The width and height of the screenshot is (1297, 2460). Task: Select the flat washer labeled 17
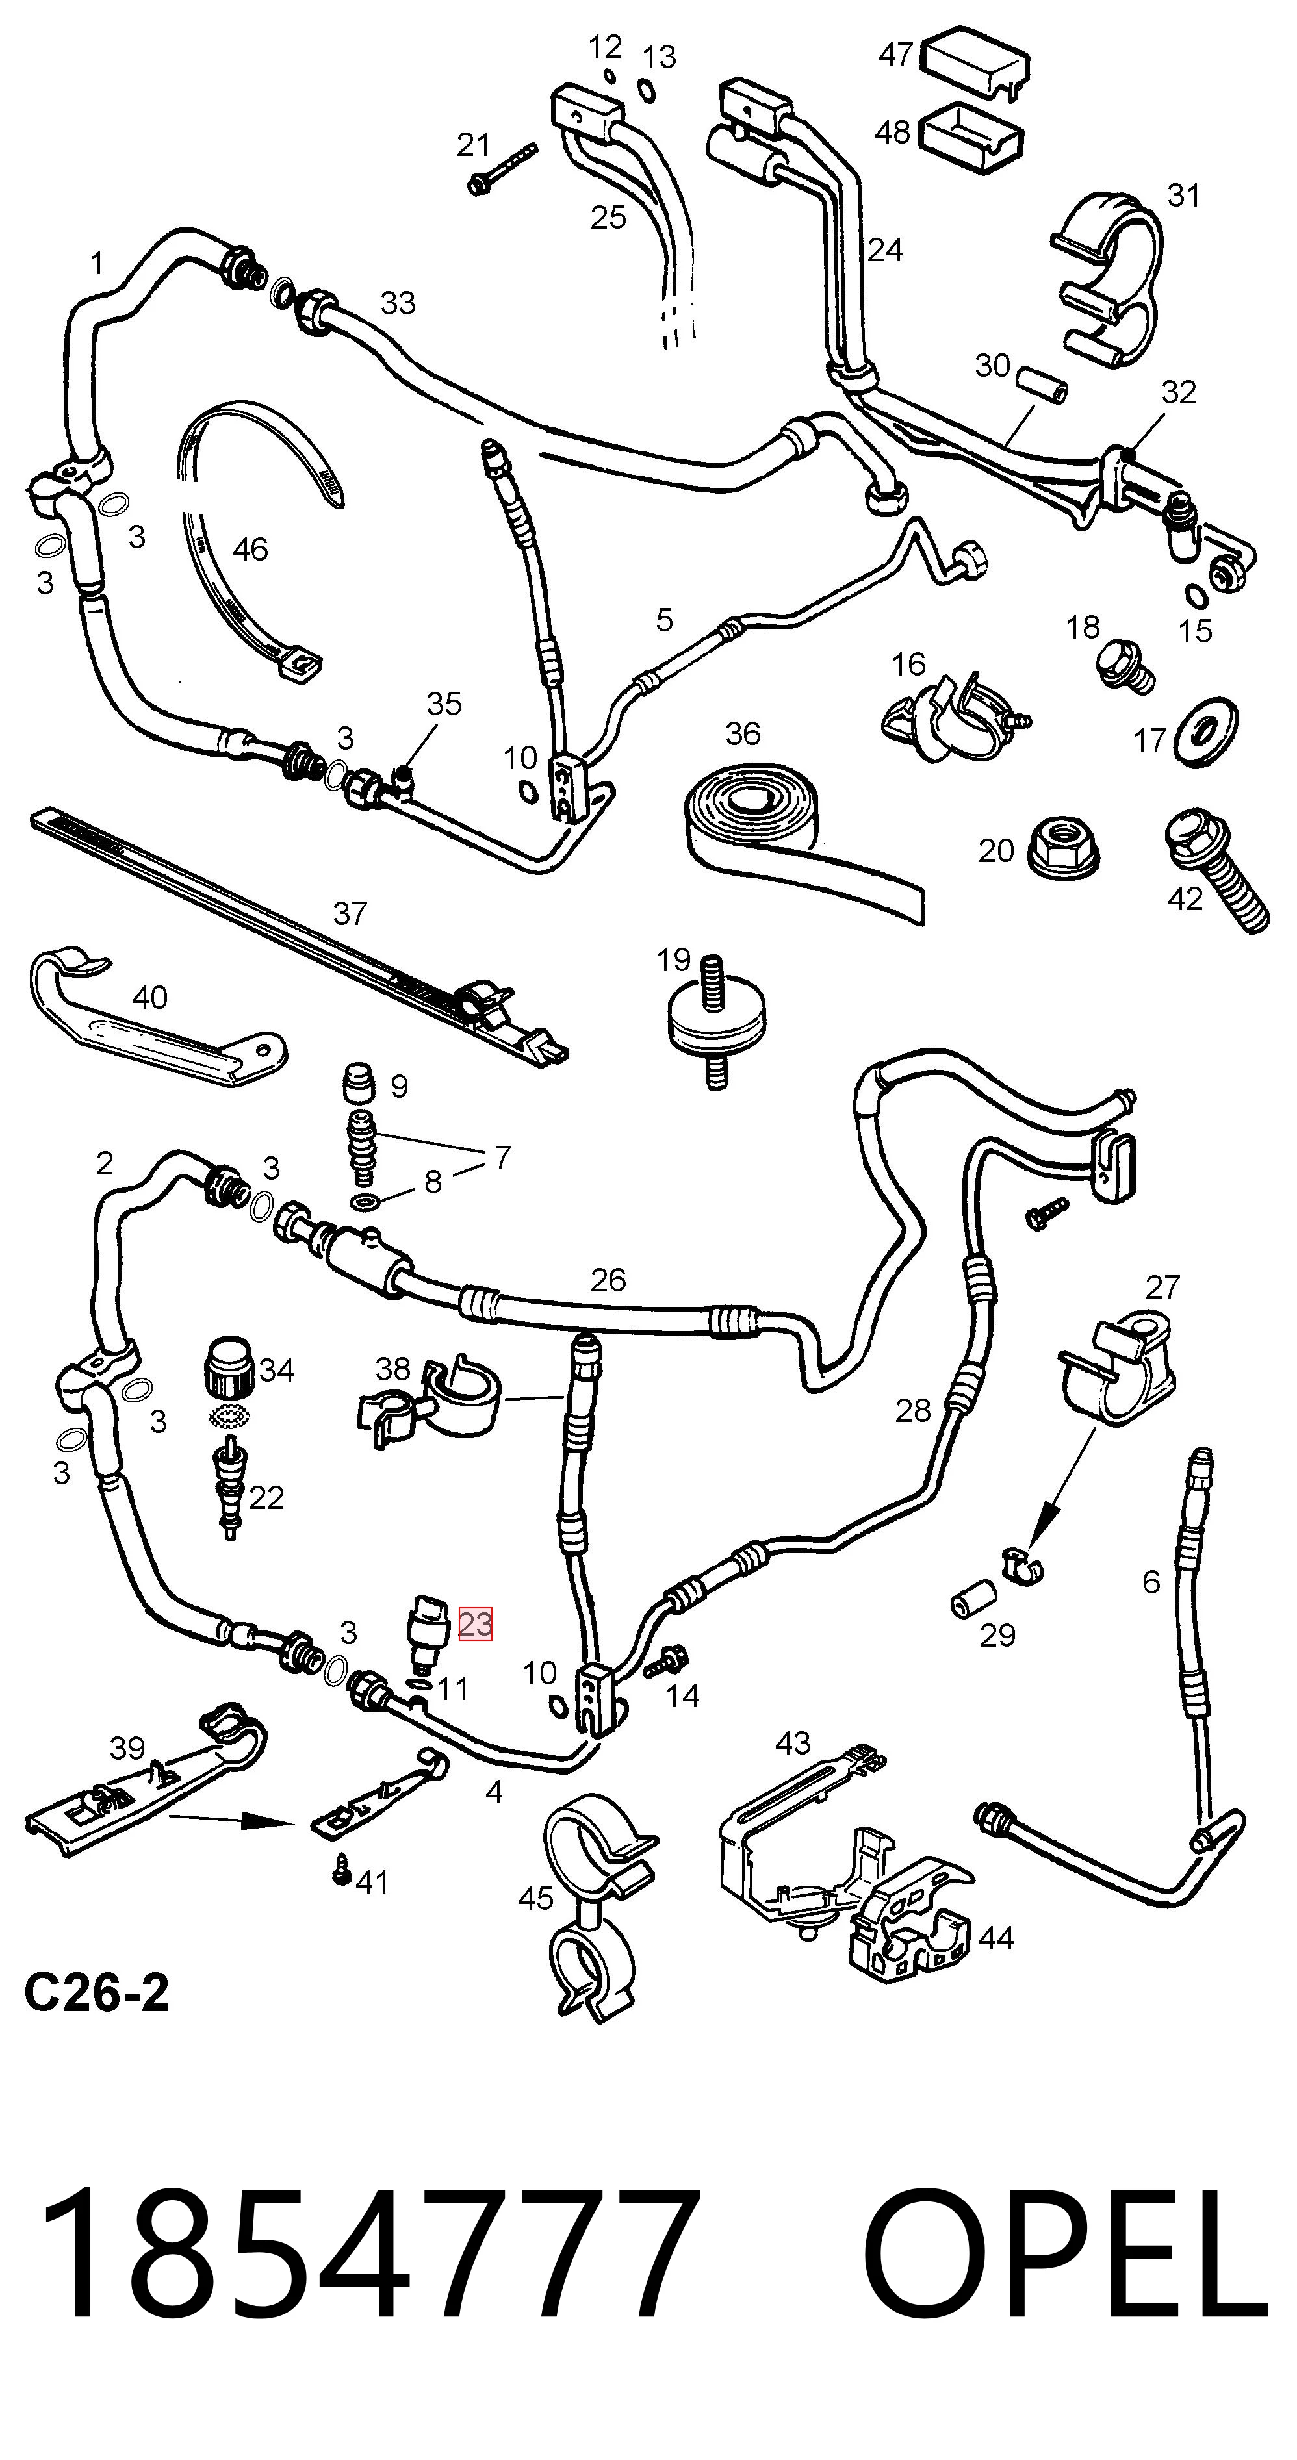pos(1204,731)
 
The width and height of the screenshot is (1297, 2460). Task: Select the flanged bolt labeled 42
pos(1216,869)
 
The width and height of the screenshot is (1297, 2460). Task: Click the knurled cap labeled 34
pos(229,1369)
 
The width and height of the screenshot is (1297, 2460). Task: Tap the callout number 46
pos(250,549)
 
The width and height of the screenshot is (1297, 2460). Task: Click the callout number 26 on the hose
pos(608,1278)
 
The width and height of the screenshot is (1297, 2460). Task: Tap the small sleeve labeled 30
pos(1042,383)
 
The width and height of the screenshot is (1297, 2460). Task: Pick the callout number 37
pos(350,913)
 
